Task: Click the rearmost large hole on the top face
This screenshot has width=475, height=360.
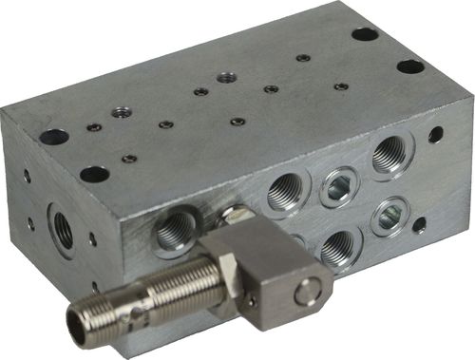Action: [x=365, y=34]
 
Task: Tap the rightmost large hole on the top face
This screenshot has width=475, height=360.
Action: [x=410, y=66]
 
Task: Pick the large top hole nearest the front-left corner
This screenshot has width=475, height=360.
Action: [x=94, y=174]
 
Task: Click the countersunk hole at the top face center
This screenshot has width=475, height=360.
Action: [x=224, y=77]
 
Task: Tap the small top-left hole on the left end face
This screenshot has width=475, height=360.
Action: [x=27, y=176]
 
